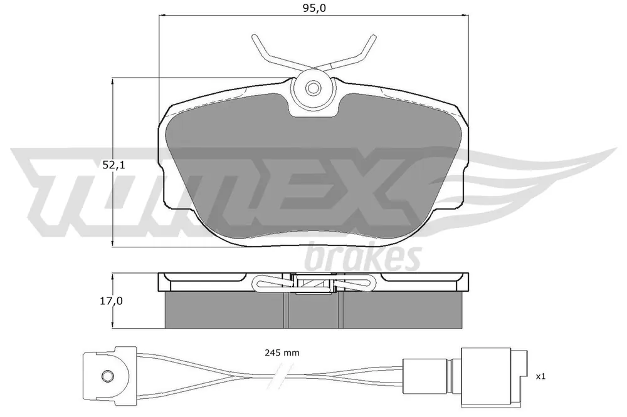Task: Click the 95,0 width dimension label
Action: [x=314, y=8]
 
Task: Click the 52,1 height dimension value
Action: [x=113, y=164]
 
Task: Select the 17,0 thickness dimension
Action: [x=111, y=301]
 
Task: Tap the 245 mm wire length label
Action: [x=282, y=353]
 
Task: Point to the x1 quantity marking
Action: [x=540, y=376]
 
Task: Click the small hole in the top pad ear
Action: [x=313, y=88]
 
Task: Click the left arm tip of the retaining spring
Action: [x=255, y=37]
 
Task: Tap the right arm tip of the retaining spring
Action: [x=374, y=37]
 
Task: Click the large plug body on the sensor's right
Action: [x=486, y=377]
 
